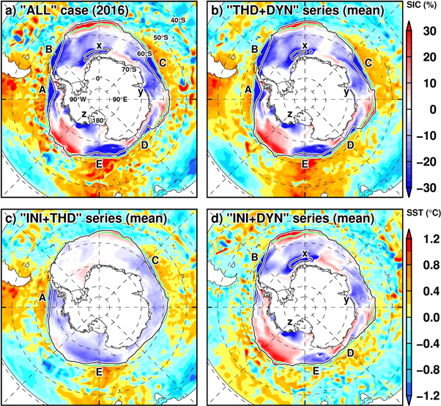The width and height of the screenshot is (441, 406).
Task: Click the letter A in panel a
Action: pyautogui.click(x=42, y=89)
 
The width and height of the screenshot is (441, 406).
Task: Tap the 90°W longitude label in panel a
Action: pyautogui.click(x=79, y=99)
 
